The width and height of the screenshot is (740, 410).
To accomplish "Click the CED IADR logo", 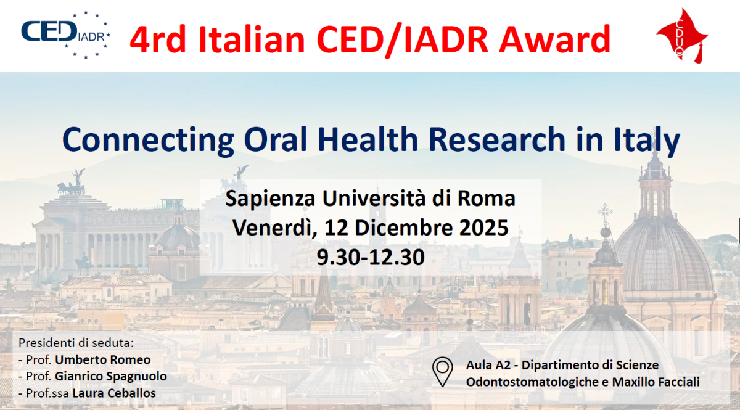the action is pos(65,35).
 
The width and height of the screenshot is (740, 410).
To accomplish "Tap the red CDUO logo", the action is pos(681,36).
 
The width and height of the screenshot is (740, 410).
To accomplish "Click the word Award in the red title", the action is pos(554,39).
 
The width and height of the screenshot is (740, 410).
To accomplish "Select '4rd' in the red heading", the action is pos(158,39).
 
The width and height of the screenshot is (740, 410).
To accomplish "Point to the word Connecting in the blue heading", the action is pos(148,140).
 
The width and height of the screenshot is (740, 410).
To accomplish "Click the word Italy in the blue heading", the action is pos(647,140).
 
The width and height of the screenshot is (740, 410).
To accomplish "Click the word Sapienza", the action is pos(270,199).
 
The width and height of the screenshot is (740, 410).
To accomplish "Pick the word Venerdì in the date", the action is pos(275,228).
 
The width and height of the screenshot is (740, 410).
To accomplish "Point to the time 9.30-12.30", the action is pos(371,257).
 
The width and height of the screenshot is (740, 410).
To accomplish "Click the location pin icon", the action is pos(442,371).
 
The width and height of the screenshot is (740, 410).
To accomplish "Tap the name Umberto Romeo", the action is pos(103,360).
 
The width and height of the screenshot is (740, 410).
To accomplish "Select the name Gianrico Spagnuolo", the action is pos(110,376).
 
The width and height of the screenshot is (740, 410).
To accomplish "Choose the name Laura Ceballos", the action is pos(114,393).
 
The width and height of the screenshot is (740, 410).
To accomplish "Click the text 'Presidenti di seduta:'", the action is pos(76,343).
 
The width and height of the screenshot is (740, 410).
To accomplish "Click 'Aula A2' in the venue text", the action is pos(488,365).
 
